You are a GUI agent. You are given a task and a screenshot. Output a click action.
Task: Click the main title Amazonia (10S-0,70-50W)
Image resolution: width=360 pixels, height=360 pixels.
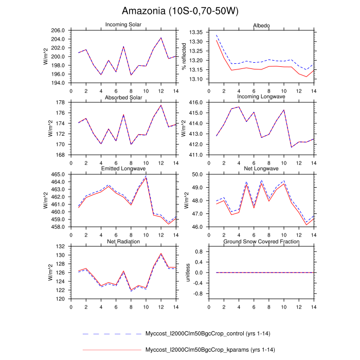(x=180, y=11)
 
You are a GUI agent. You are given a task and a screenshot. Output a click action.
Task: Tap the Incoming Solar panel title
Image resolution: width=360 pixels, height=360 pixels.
(x=123, y=25)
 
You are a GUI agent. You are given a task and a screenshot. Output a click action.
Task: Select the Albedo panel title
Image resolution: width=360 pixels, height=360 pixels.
(x=261, y=25)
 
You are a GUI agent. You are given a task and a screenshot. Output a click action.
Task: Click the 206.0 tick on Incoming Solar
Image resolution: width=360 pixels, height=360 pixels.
(x=58, y=31)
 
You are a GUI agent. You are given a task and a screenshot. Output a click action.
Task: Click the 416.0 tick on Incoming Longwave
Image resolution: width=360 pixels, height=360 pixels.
(x=196, y=103)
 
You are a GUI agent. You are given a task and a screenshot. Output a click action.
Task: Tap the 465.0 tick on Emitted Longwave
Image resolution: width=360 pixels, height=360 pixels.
(x=58, y=175)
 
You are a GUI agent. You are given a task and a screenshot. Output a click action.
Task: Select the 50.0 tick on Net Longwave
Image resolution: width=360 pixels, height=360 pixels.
(x=197, y=175)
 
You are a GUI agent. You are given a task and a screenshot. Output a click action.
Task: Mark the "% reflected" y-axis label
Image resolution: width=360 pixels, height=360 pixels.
(x=185, y=57)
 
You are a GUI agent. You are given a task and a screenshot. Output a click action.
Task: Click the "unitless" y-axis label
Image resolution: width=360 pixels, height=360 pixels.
(x=188, y=273)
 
